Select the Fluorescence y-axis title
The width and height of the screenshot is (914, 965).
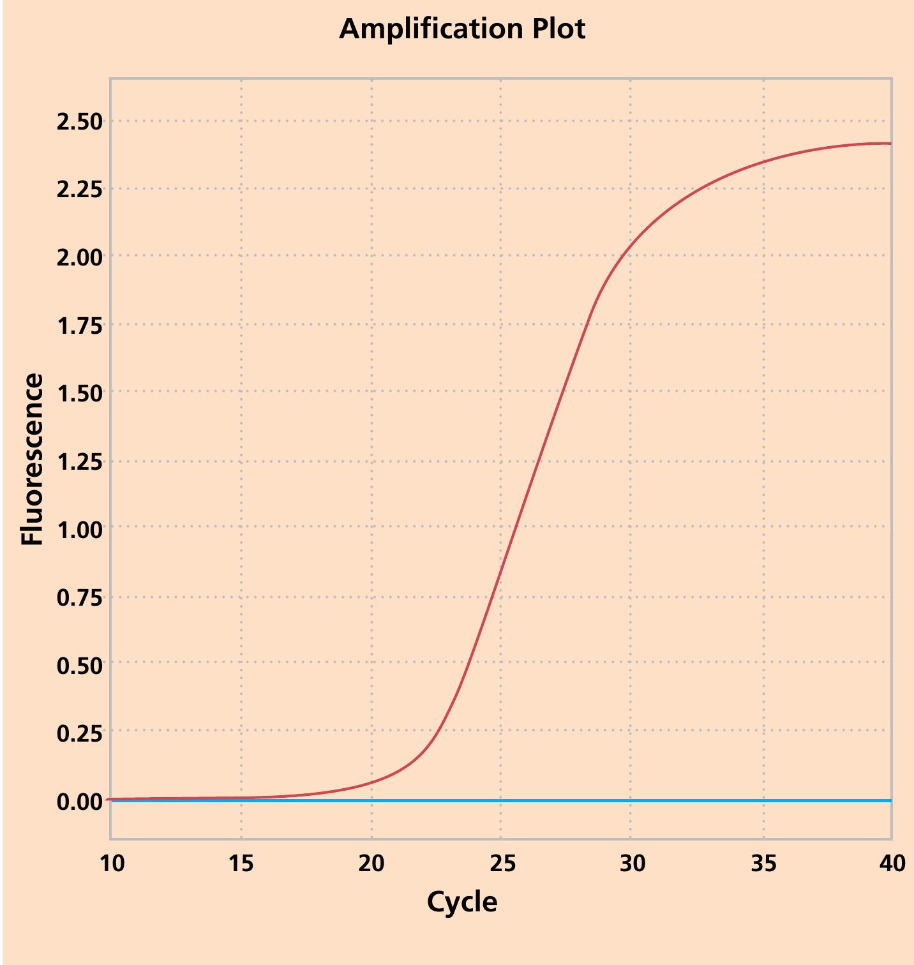coord(32,459)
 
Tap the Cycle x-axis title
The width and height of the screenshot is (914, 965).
coord(461,902)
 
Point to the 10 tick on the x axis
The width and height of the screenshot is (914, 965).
coord(112,864)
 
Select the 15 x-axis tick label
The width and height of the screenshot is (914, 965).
coord(241,864)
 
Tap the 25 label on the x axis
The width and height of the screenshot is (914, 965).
coord(502,864)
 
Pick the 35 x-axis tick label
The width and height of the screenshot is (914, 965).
coord(763,864)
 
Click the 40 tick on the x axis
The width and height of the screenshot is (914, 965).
coord(892,864)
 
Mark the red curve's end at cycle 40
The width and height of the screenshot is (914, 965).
coord(890,144)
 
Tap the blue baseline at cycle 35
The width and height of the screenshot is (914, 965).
coord(763,800)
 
